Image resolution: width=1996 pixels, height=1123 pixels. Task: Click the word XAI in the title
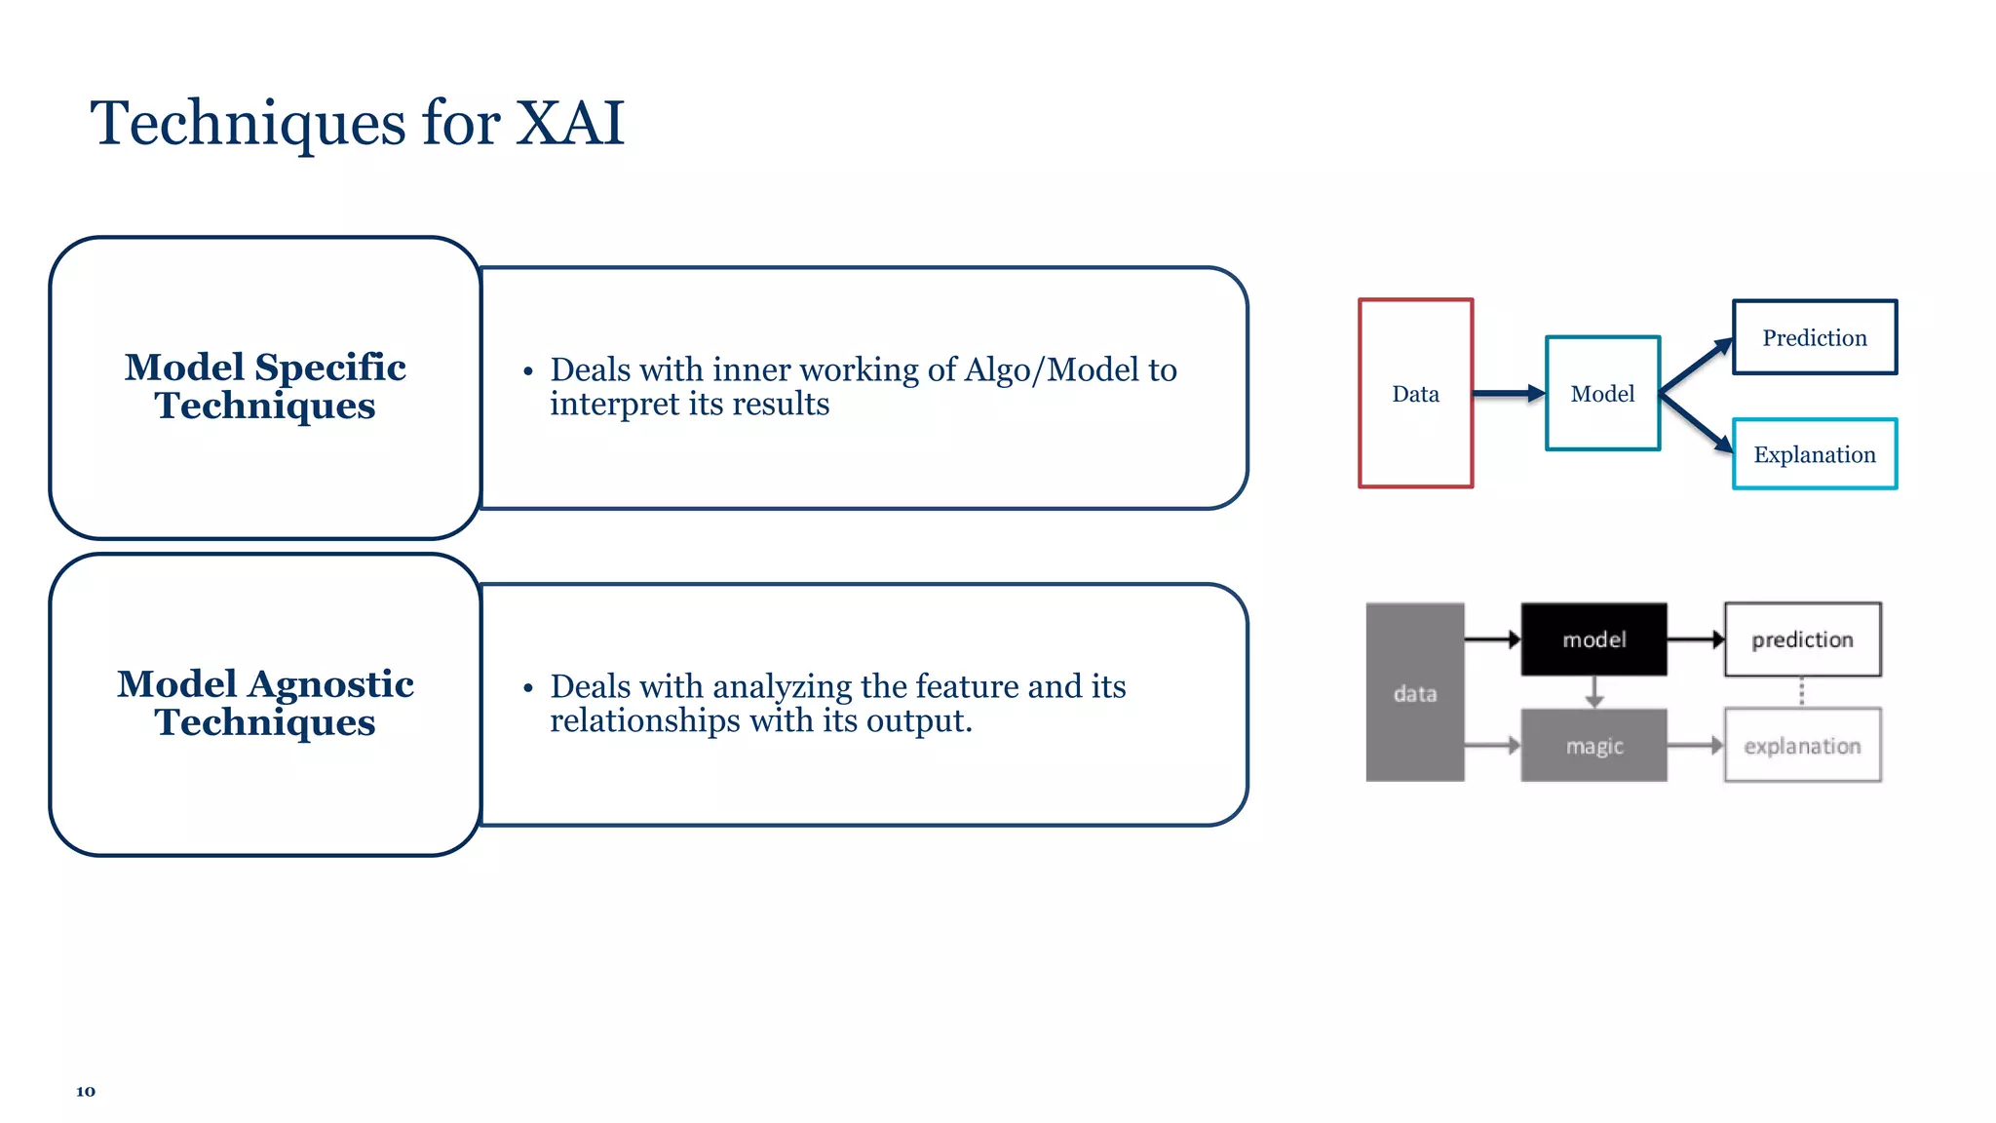pos(569,124)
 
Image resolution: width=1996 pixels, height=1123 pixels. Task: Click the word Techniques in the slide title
pos(248,124)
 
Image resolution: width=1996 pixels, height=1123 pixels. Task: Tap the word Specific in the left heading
pos(329,368)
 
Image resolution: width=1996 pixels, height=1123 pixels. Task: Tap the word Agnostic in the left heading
pos(330,684)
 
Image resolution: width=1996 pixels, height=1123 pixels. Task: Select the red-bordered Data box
pos(1415,393)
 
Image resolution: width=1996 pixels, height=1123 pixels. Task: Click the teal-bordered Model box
pos(1602,393)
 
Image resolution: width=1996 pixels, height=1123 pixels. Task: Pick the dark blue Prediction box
pos(1814,337)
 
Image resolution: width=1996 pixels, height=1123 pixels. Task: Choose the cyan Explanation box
pos(1814,454)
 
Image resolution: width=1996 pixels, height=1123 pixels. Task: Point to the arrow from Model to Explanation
pos(1697,423)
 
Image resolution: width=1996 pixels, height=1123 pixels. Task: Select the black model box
pos(1593,639)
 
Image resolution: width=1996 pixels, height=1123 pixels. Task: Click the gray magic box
pos(1593,746)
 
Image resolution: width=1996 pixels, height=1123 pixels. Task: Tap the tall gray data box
pos(1414,693)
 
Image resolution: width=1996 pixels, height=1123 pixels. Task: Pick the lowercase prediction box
pos(1802,639)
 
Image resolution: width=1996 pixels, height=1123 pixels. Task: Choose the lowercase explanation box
pos(1802,746)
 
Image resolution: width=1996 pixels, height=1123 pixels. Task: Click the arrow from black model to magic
pos(1594,692)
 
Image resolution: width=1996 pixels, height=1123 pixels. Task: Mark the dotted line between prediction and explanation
pos(1801,692)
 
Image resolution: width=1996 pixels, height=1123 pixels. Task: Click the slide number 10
pos(86,1091)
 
